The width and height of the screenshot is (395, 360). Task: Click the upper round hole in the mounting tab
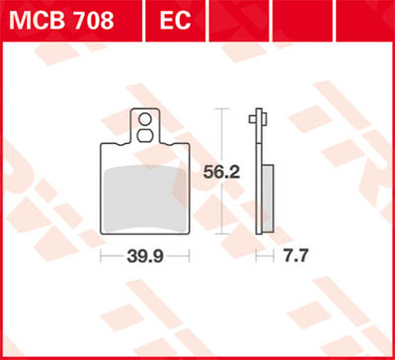(145, 117)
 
